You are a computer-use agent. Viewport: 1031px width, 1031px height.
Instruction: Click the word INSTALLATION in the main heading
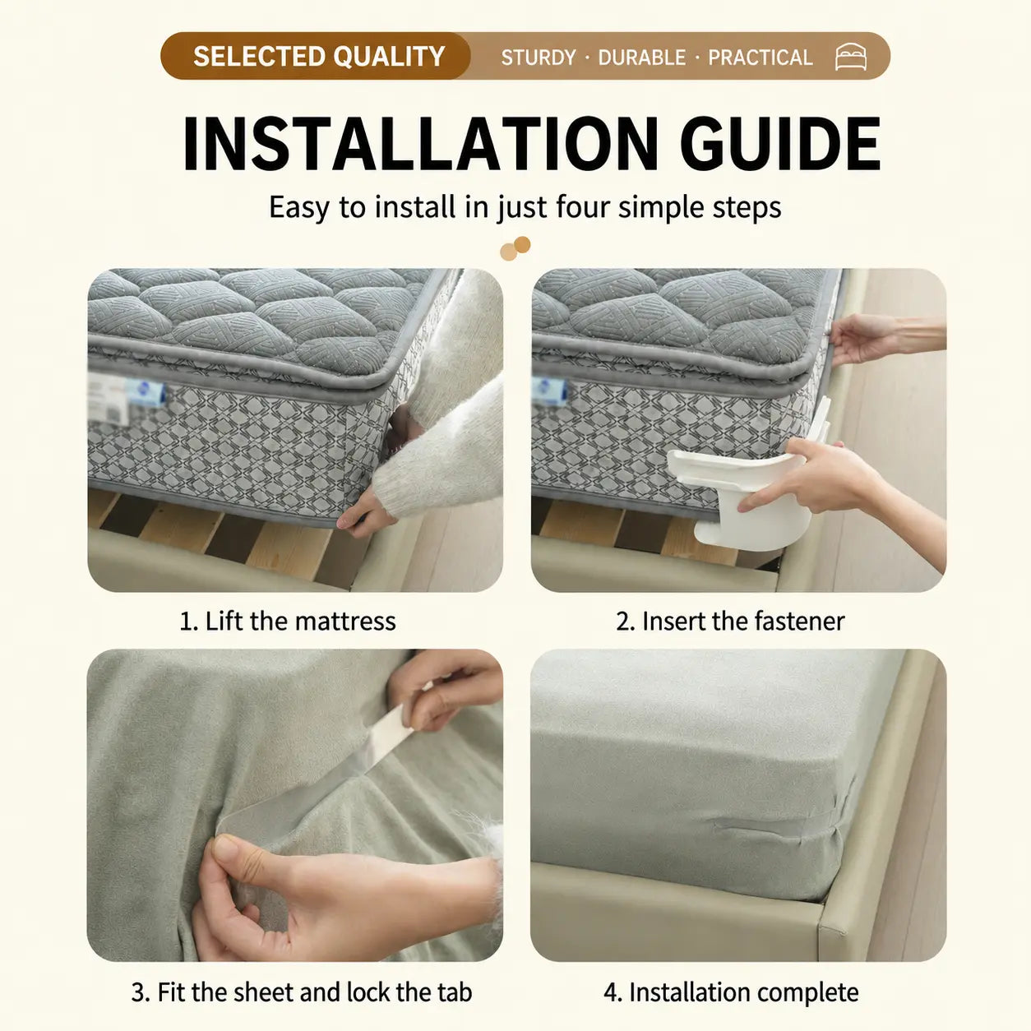point(420,144)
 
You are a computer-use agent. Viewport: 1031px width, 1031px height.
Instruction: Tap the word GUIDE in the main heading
point(780,144)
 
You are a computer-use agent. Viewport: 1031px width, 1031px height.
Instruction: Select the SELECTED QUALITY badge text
point(319,56)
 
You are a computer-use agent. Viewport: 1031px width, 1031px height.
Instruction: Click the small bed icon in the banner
point(851,57)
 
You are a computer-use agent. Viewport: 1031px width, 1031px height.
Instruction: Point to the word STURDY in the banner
point(539,58)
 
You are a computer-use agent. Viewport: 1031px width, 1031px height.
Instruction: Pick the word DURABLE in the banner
point(641,58)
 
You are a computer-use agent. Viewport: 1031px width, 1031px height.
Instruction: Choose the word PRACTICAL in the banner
point(761,58)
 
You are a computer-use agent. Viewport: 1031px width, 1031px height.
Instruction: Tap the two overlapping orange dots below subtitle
point(515,248)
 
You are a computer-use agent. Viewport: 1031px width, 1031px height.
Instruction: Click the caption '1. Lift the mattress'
point(288,622)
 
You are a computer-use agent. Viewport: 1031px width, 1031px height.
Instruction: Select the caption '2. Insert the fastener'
point(730,622)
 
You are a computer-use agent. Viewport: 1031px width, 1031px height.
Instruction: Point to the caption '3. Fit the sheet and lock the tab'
point(302,978)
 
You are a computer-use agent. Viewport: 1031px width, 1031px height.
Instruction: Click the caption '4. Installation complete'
point(731,978)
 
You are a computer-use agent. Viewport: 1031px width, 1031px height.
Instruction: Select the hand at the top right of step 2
point(862,338)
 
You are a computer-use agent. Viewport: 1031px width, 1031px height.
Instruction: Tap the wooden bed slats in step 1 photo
point(224,535)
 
